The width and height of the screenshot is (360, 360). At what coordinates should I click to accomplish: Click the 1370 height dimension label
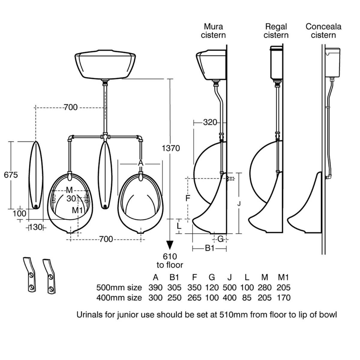[171, 148]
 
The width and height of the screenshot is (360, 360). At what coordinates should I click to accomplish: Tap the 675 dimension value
[11, 175]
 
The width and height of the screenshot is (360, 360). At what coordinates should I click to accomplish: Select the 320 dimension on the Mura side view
[210, 122]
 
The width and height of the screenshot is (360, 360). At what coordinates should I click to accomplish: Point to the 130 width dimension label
[36, 227]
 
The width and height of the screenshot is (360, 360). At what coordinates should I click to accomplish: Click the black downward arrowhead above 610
[169, 245]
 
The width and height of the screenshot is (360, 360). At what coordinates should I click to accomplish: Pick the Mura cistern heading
[213, 31]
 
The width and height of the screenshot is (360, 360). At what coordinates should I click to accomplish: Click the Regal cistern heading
[276, 31]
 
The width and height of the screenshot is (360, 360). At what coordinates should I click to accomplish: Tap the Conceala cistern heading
[323, 31]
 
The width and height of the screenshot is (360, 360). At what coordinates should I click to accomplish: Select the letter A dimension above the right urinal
[140, 163]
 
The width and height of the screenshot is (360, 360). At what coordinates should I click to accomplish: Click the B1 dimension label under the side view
[210, 248]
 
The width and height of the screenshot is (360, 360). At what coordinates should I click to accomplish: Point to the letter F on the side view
[188, 198]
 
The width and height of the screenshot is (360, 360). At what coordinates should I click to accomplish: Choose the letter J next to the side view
[239, 204]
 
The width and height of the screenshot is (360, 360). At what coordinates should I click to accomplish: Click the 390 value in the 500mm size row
[155, 287]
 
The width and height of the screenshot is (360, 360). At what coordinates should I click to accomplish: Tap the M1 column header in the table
[283, 277]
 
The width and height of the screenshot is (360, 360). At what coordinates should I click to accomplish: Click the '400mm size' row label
[119, 298]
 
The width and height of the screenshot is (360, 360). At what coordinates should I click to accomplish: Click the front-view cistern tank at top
[105, 65]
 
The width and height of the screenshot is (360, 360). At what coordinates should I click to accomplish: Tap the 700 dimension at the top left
[70, 107]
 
